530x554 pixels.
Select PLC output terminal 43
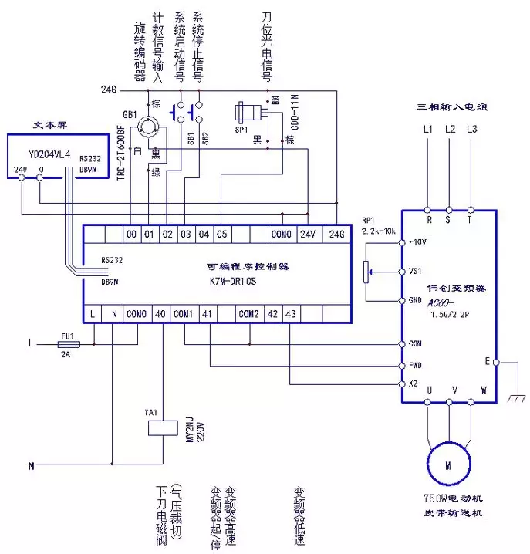[290, 314]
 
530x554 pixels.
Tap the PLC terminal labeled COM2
[248, 314]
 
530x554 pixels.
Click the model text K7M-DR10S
[232, 282]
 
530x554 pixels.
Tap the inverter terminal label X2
[413, 384]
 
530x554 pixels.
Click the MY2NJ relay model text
[189, 441]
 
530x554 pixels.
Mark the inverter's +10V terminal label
[417, 242]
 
